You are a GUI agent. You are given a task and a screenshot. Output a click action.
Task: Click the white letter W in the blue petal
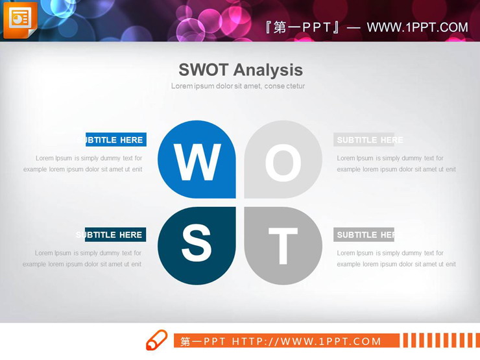pos(197,162)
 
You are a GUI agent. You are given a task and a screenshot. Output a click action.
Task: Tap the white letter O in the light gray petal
pos(283,163)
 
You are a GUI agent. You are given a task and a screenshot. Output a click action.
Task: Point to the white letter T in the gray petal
pos(283,246)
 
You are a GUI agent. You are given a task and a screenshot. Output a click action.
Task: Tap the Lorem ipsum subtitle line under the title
pos(238,86)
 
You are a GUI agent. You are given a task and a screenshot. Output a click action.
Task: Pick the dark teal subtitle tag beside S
pos(111,235)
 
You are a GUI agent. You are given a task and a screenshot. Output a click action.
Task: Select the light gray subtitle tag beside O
pos(364,139)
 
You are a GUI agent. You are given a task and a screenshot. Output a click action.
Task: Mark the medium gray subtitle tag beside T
pos(364,235)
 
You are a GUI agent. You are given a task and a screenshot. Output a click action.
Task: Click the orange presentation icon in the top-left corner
pos(20,19)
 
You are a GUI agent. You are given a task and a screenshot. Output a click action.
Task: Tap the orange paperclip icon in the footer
pos(156,341)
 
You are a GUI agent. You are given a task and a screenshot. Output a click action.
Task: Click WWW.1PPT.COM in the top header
pos(417,27)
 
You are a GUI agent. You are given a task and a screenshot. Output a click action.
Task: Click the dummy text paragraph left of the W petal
pos(83,163)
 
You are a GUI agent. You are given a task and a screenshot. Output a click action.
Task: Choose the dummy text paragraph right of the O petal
pos(396,163)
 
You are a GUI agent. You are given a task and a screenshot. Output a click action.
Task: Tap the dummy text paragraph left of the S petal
pos(82,259)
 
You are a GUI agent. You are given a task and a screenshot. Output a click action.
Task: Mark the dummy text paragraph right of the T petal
pos(396,259)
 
